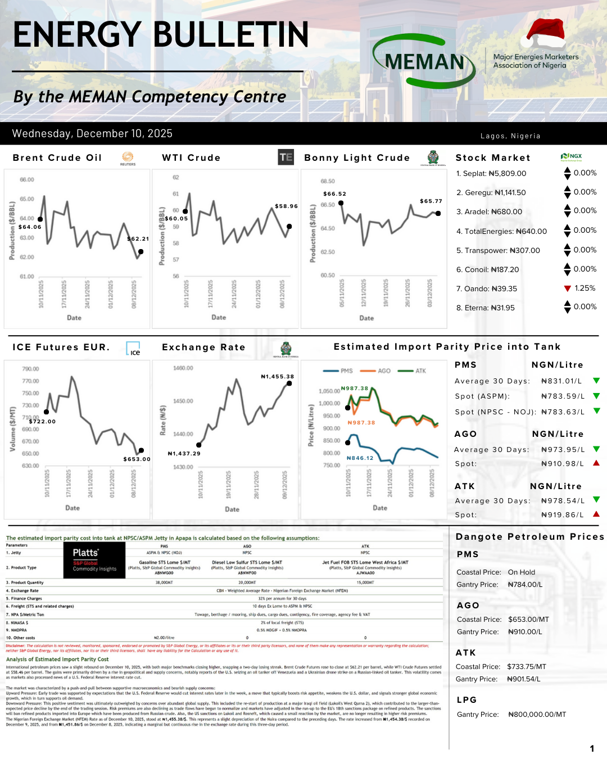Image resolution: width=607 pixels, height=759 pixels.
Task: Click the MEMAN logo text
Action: (424, 62)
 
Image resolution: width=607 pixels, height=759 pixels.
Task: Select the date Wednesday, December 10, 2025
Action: (92, 134)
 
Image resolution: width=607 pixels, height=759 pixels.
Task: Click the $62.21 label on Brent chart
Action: (138, 239)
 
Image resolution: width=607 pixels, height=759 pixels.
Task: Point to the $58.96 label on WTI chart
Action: (286, 206)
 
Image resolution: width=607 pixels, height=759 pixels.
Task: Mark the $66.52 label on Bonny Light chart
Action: (334, 194)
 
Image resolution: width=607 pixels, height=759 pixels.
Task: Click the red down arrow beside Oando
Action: (568, 288)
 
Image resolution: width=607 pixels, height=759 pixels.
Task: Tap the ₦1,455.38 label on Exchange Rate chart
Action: (277, 377)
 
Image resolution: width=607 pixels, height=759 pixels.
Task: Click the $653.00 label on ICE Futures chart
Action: (137, 459)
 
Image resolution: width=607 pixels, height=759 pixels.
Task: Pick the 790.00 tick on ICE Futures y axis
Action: (30, 369)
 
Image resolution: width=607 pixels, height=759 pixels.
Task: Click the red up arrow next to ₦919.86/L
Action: (596, 514)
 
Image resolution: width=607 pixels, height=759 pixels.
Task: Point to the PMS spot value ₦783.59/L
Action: (562, 396)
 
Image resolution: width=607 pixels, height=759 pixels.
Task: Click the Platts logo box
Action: (94, 560)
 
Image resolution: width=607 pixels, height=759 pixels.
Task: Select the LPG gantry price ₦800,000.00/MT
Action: (537, 715)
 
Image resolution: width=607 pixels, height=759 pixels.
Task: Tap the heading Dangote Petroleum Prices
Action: (529, 537)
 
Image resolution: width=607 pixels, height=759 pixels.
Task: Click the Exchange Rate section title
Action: (203, 347)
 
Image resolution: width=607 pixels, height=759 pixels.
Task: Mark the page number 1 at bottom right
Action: (592, 748)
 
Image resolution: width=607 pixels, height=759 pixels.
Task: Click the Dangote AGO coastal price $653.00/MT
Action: (528, 620)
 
